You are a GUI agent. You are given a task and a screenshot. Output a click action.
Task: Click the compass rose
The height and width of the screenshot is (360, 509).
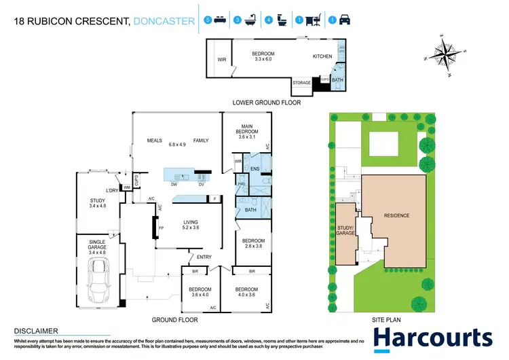tap(444, 53)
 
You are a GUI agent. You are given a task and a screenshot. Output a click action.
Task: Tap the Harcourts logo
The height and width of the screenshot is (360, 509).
tap(432, 338)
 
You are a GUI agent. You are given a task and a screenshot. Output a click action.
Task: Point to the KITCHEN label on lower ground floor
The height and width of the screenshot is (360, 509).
tap(322, 57)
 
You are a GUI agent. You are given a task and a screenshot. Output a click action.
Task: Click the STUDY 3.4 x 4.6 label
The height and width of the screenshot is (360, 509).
tap(98, 203)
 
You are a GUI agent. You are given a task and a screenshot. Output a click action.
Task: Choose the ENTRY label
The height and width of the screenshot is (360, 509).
tap(204, 257)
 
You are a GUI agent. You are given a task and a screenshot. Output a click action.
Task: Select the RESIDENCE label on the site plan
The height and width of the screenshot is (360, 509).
tap(397, 215)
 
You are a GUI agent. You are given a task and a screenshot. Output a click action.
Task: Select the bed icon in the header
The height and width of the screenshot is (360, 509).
tap(218, 20)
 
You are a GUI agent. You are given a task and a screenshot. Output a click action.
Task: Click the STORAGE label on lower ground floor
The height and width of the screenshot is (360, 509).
tap(301, 83)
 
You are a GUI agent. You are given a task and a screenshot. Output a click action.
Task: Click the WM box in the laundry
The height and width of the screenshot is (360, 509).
tap(126, 187)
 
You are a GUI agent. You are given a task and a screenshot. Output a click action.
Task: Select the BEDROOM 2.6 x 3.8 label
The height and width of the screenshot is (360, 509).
tap(252, 244)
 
